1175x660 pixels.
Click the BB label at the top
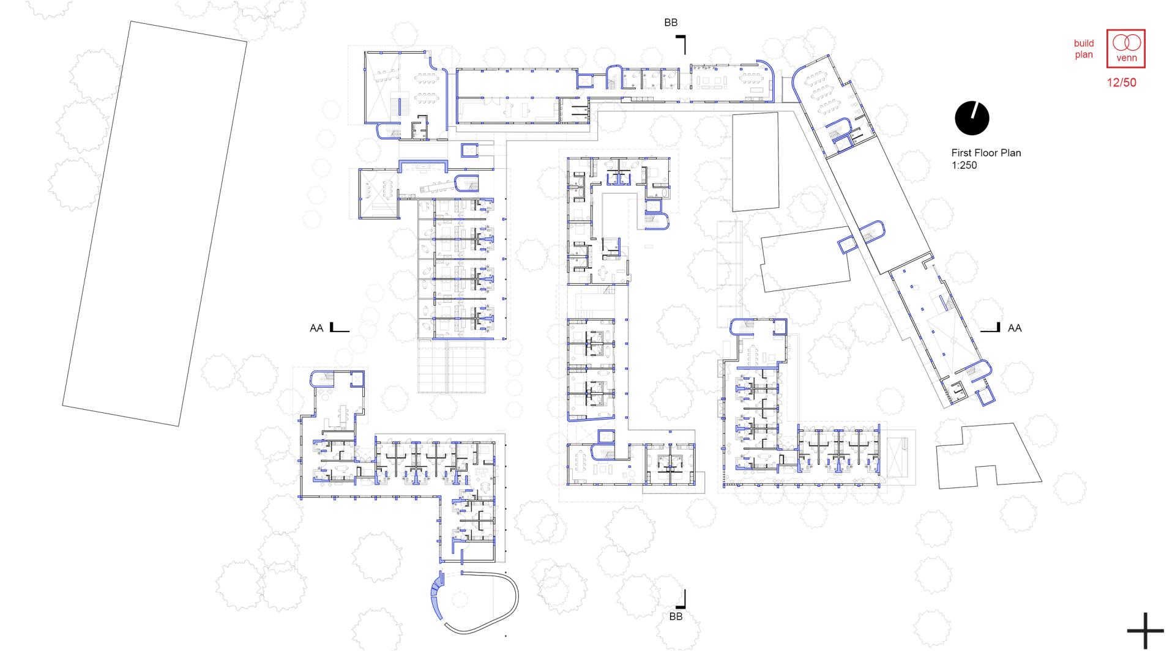click(x=671, y=23)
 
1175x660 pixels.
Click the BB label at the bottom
click(x=676, y=617)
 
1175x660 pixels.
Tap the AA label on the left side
click(x=316, y=328)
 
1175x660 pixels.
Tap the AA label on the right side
click(x=1015, y=328)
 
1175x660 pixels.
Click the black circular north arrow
click(x=972, y=118)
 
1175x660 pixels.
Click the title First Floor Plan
click(x=986, y=153)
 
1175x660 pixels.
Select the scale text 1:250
click(x=964, y=165)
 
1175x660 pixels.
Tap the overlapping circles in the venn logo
click(x=1126, y=43)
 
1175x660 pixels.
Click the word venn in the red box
click(x=1126, y=59)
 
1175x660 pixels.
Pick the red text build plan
click(x=1084, y=49)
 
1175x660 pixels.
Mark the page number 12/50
click(x=1122, y=83)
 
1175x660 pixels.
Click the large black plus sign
click(x=1145, y=631)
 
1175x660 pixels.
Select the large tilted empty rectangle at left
click(x=155, y=224)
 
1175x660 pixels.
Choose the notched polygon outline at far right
click(x=988, y=456)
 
